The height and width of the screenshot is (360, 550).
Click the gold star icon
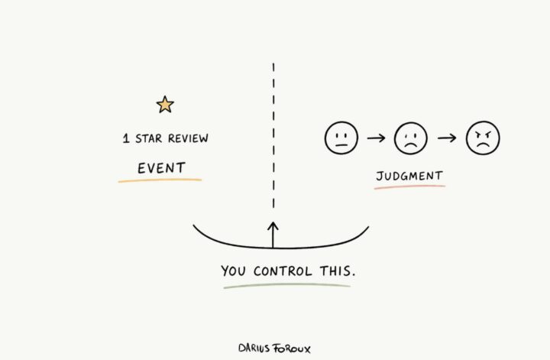[x=165, y=105]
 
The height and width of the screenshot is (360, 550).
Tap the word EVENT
[x=161, y=168]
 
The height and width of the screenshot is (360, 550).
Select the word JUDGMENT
[x=409, y=176]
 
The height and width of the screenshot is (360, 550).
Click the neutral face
[x=341, y=138]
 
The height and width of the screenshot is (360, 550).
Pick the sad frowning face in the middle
[x=411, y=138]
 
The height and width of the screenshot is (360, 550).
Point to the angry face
[x=483, y=138]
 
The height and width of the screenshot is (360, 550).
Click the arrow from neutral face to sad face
[x=376, y=138]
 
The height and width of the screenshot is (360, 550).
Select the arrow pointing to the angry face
[x=447, y=138]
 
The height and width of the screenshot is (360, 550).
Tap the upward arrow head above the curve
[x=273, y=226]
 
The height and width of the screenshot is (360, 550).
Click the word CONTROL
[x=283, y=271]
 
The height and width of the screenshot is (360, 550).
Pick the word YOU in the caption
[x=233, y=271]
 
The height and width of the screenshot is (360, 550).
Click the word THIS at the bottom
[x=338, y=271]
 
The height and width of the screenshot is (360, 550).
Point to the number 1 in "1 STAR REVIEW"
[x=126, y=138]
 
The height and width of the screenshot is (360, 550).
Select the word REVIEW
[x=188, y=138]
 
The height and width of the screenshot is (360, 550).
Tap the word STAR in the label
[x=149, y=138]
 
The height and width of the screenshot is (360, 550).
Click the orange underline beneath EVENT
[x=160, y=180]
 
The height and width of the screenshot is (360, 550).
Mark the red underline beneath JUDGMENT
[x=409, y=186]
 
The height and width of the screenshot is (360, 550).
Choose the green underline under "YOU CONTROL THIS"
[x=287, y=286]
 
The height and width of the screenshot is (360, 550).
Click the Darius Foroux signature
[x=274, y=348]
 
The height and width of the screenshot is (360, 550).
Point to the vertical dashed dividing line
[x=273, y=136]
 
